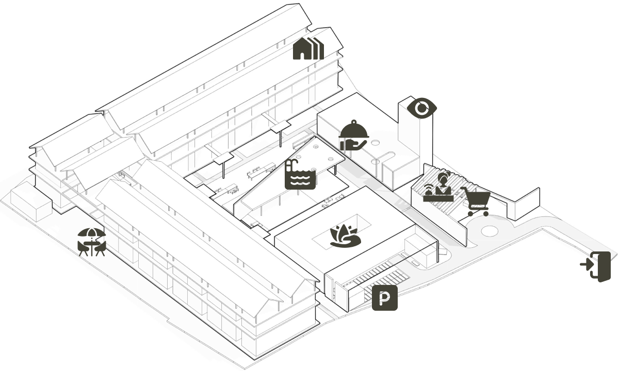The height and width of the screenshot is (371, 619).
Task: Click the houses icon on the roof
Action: [308, 48]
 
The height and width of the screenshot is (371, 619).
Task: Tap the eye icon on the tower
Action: [422, 108]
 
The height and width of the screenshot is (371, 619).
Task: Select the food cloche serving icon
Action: [354, 135]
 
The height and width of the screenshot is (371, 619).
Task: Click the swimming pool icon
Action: [300, 174]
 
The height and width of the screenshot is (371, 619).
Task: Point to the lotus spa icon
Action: [346, 236]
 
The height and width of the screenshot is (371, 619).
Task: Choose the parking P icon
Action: [385, 298]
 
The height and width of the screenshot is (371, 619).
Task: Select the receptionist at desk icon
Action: [438, 187]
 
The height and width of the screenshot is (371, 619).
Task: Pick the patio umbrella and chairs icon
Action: [91, 242]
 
